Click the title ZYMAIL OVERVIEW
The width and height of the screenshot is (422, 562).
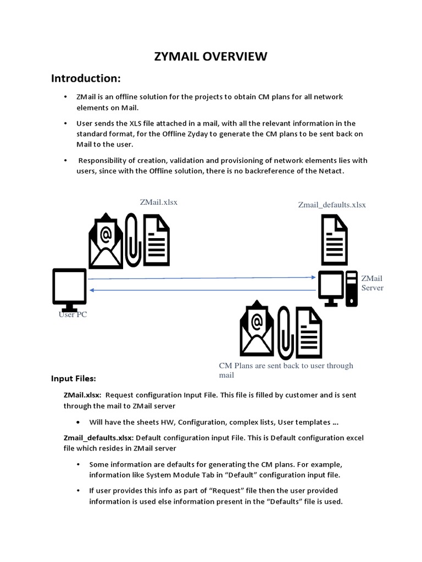click(x=210, y=57)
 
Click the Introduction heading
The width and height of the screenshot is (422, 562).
click(x=86, y=78)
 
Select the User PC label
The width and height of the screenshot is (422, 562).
click(x=73, y=315)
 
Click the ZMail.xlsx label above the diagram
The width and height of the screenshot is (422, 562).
click(x=159, y=202)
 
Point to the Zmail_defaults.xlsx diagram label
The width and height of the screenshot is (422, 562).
click(x=332, y=205)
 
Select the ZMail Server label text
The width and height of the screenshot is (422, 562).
click(x=372, y=283)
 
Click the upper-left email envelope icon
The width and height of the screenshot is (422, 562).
click(x=106, y=240)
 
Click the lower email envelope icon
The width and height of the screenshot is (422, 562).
click(x=257, y=329)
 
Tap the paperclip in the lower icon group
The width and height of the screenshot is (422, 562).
click(x=284, y=332)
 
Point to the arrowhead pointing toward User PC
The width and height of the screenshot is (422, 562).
click(x=91, y=289)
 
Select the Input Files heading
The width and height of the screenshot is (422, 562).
click(x=74, y=379)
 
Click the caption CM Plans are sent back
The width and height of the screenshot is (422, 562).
click(x=286, y=366)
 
